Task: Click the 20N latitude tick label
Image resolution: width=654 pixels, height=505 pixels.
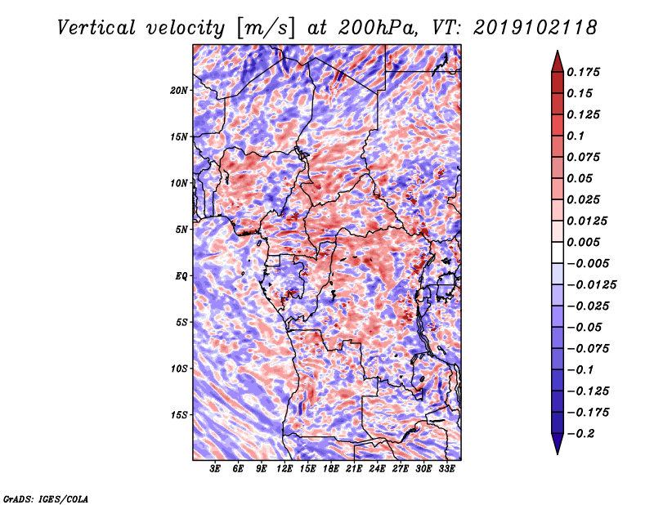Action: tap(179, 90)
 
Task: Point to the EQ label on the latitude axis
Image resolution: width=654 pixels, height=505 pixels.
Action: tap(181, 276)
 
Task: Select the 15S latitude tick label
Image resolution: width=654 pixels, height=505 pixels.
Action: tap(179, 415)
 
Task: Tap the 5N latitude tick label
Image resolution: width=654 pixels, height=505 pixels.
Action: tap(181, 230)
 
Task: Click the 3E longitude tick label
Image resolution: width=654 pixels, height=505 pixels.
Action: tap(216, 469)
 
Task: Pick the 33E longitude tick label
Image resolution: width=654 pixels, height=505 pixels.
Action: tap(447, 469)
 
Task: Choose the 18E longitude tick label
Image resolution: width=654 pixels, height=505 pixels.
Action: tap(331, 469)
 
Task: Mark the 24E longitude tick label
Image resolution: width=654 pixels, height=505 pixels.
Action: tap(378, 469)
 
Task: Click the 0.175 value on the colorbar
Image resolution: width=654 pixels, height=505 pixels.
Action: tap(585, 73)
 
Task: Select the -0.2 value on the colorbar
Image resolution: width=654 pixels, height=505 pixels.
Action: tap(582, 434)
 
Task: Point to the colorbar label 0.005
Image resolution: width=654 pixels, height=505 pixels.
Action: tap(585, 243)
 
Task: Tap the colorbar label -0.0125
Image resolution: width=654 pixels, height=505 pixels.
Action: tap(593, 285)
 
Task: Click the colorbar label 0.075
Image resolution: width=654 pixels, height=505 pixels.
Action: tap(585, 158)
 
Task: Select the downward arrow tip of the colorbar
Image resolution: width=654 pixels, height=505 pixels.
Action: tap(556, 452)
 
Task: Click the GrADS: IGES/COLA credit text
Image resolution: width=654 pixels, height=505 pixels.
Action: tap(46, 498)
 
